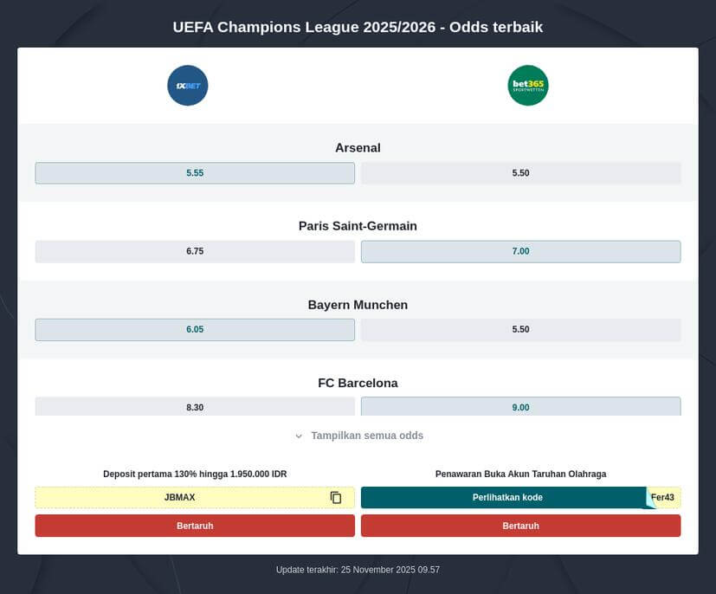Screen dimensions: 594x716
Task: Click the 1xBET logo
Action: click(x=188, y=86)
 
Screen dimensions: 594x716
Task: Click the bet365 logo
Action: click(x=528, y=86)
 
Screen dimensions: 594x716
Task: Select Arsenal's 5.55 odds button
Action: click(x=195, y=173)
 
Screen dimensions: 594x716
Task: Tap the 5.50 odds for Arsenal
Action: click(x=520, y=173)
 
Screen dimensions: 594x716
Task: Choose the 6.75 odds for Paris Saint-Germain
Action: click(x=195, y=251)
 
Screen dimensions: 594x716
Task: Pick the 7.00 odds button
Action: click(x=520, y=251)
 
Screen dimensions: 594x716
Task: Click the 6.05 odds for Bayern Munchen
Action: click(x=195, y=329)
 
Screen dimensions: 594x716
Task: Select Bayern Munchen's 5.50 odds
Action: click(x=520, y=329)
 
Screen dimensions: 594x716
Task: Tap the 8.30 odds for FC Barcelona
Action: click(x=195, y=406)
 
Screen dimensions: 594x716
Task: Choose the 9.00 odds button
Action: click(x=520, y=406)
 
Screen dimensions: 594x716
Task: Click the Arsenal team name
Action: click(x=358, y=148)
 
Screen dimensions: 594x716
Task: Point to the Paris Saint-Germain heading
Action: click(x=358, y=226)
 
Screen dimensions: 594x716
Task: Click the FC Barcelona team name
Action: click(x=358, y=383)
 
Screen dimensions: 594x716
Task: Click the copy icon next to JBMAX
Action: click(x=336, y=498)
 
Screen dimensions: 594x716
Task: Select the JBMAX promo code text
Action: click(x=179, y=498)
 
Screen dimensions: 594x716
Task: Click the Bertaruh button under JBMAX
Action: click(x=195, y=526)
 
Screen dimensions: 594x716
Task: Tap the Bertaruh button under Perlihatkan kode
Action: click(x=520, y=526)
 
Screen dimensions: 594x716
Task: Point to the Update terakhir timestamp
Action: click(x=358, y=570)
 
